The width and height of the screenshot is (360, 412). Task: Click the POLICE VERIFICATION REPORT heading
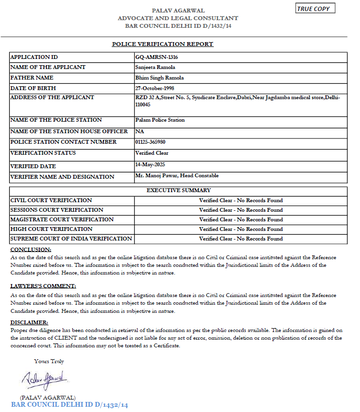tap(163, 44)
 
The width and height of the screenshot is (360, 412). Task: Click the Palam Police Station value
tap(160, 120)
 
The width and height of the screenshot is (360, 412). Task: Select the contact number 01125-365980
tap(151, 142)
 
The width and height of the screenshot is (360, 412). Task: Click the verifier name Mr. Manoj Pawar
tap(157, 176)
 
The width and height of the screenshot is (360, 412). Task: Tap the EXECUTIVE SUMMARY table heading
tap(178, 190)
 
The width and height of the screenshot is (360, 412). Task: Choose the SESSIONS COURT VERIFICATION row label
tap(57, 210)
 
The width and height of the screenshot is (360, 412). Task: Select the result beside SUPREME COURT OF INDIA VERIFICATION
tap(241, 239)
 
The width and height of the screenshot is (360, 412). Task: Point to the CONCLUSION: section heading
tap(31, 250)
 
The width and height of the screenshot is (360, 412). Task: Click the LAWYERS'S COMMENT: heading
tap(43, 286)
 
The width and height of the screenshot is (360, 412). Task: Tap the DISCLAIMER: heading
tap(29, 322)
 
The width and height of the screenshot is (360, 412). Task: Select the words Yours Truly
tap(49, 361)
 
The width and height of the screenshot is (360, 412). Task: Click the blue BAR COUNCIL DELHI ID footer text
tap(70, 405)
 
